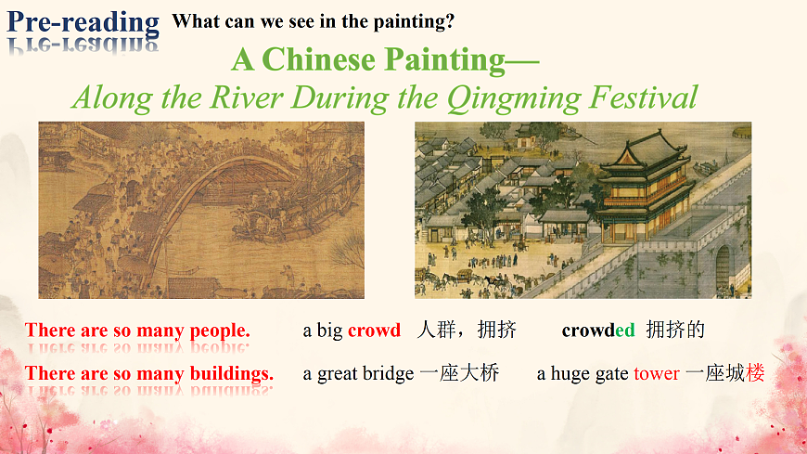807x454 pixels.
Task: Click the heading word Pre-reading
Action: pyautogui.click(x=83, y=22)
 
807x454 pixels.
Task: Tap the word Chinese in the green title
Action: pyautogui.click(x=318, y=59)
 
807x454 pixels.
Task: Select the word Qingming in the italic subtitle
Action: pyautogui.click(x=514, y=97)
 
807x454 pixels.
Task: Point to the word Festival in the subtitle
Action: pyautogui.click(x=644, y=97)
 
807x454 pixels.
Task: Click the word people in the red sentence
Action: pyautogui.click(x=220, y=331)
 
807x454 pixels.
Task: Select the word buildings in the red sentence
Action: pyautogui.click(x=232, y=373)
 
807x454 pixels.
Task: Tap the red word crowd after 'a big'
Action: pyautogui.click(x=374, y=330)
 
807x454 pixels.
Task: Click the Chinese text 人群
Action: pyautogui.click(x=435, y=330)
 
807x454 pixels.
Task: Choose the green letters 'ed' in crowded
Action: pyautogui.click(x=625, y=330)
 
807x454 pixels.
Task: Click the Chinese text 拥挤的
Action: pyautogui.click(x=675, y=330)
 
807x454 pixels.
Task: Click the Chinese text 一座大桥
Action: pyautogui.click(x=459, y=373)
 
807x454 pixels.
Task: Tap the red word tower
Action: pyautogui.click(x=657, y=373)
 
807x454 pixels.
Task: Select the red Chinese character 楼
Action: pyautogui.click(x=755, y=373)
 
